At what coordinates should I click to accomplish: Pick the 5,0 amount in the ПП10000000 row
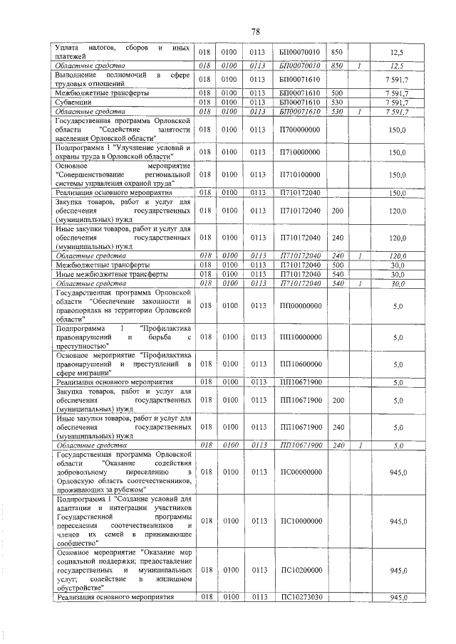[398, 337]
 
